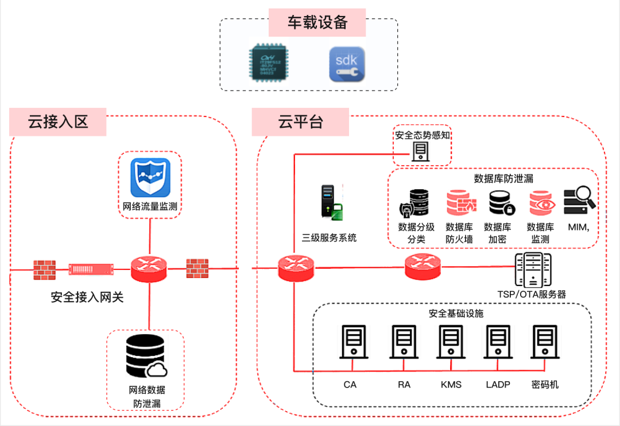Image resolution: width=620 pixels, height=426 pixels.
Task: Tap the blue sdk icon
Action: pos(346,65)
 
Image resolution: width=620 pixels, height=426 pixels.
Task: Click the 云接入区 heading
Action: pos(58,121)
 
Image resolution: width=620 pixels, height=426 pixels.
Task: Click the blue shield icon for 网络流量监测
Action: pos(150,178)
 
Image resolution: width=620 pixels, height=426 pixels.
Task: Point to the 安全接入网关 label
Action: pos(87,298)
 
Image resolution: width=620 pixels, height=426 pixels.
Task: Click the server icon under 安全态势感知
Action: pos(421,151)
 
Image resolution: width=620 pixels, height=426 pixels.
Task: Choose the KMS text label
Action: pos(451,385)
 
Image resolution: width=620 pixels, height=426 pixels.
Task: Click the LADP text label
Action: pos(498,385)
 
